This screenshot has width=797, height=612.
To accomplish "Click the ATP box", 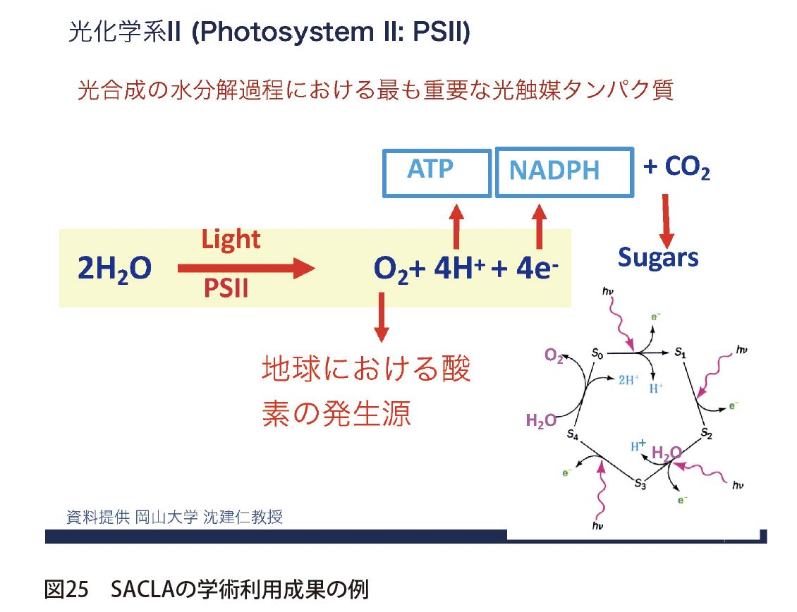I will coord(437,172).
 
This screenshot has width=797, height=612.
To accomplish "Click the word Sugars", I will coord(657,257).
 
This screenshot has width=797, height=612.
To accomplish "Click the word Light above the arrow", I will coord(231,240).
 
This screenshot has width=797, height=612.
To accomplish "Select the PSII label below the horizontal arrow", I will coord(226,288).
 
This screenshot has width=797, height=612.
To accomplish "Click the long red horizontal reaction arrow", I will coord(244,267).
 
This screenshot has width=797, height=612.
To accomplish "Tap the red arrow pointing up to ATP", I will coord(456,226).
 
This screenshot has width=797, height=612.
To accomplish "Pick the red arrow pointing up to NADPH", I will coord(540,226).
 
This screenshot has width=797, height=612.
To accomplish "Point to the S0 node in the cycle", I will coord(596,355).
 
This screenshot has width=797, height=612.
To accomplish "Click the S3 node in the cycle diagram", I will coord(640,483).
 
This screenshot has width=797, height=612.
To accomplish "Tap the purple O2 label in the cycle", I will coord(554,357).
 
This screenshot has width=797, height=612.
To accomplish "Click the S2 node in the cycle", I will coord(707,432).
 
